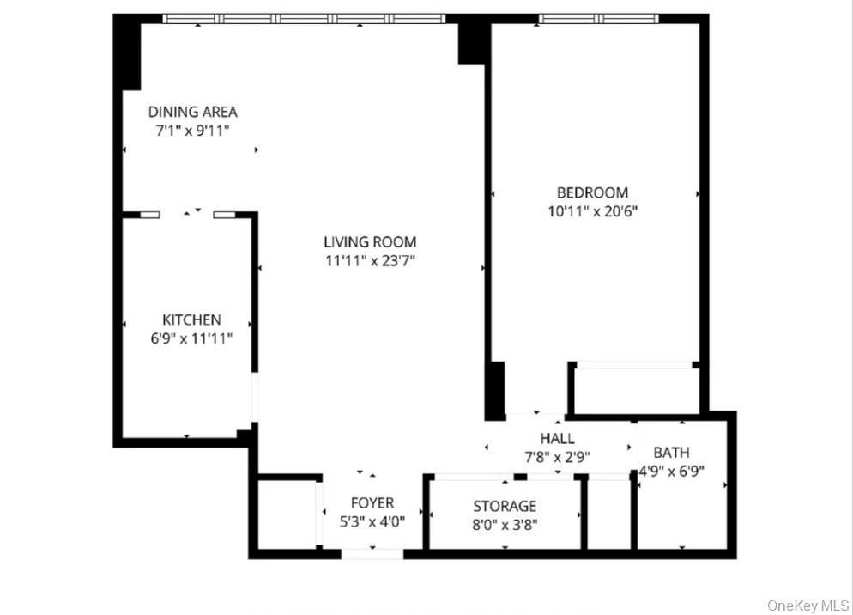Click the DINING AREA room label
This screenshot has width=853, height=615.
192,112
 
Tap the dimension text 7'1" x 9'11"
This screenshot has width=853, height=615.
192,131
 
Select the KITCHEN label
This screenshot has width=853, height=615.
191,320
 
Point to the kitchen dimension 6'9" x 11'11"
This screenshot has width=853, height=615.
191,338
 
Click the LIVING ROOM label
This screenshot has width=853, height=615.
370,242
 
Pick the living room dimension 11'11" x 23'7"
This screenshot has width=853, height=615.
370,261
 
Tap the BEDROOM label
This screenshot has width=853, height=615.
592,192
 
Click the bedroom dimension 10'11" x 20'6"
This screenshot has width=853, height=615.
592,211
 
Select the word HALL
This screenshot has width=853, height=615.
558,439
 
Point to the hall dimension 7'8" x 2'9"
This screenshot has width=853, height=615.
558,457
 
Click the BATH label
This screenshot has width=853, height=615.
671,453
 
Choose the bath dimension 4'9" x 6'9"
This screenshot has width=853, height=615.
671,472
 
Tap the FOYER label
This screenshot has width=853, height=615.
372,502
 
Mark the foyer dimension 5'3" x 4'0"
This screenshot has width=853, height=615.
372,522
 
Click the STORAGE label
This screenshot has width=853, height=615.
505,507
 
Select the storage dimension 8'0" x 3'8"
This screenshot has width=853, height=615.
505,525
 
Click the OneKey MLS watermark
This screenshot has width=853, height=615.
808,606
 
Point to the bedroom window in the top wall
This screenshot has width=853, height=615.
598,19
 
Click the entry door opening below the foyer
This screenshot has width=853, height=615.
372,554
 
